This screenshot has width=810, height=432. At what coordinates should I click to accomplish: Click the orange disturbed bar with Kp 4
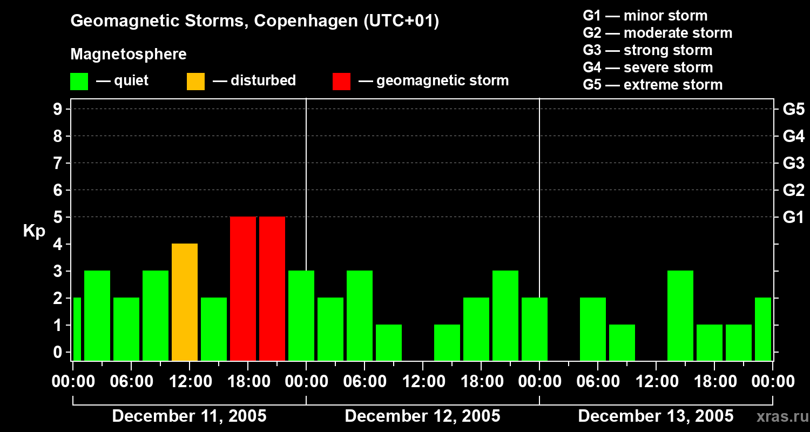tap(185, 302)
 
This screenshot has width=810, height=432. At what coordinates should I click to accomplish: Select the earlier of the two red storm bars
tap(243, 288)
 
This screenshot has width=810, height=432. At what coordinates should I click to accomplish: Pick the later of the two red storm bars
tap(272, 288)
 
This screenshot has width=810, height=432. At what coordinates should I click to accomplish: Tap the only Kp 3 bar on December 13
tap(680, 315)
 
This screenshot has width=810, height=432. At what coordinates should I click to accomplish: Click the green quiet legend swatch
tap(79, 82)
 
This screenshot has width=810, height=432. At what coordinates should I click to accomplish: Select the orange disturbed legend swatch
tap(195, 82)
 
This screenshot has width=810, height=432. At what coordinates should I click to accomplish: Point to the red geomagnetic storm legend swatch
tap(341, 82)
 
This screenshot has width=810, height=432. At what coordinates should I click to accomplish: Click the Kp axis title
tap(34, 231)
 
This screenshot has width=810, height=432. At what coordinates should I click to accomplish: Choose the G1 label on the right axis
tap(793, 218)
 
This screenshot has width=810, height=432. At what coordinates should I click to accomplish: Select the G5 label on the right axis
tap(793, 110)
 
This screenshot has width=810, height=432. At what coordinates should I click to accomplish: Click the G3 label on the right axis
tap(793, 164)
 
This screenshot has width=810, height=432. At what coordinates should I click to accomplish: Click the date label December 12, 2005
tap(422, 416)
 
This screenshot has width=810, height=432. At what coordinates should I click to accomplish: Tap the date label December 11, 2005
tap(189, 416)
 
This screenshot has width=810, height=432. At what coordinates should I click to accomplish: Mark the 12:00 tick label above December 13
tap(656, 382)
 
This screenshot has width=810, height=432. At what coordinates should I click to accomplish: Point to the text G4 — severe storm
tap(648, 67)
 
